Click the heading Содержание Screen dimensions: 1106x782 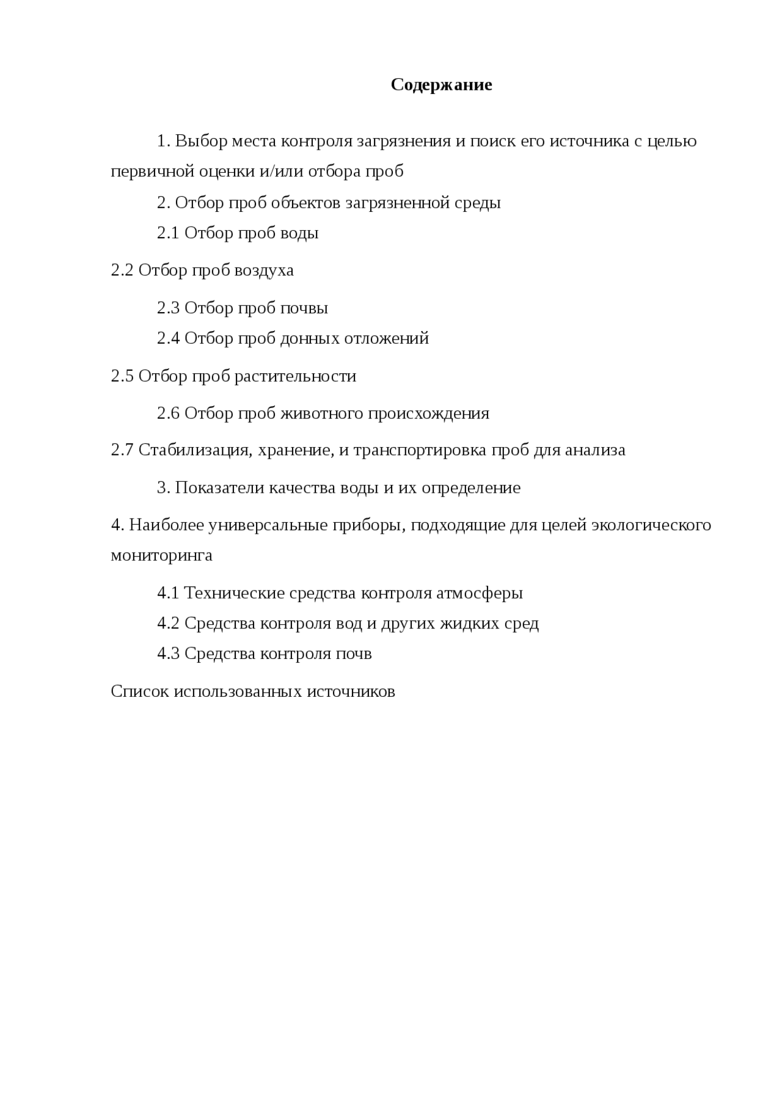(441, 84)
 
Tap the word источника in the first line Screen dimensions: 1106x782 (589, 141)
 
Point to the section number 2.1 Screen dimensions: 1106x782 (168, 233)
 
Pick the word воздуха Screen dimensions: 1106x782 (265, 271)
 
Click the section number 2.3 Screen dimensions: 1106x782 (168, 308)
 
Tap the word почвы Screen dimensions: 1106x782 (304, 308)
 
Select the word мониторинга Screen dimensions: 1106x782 (161, 556)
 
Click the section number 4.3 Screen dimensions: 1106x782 (168, 654)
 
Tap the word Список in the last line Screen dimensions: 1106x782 (139, 691)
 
